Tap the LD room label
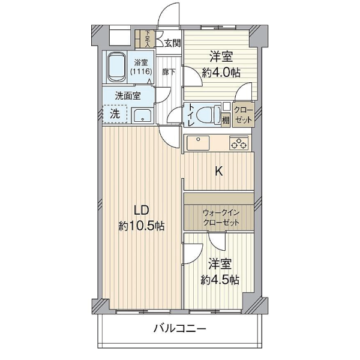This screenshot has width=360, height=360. pyautogui.click(x=141, y=211)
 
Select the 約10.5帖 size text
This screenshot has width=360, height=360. pyautogui.click(x=142, y=226)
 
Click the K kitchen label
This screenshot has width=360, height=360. pyautogui.click(x=220, y=171)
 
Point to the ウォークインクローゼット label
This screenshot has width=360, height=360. pyautogui.click(x=221, y=217)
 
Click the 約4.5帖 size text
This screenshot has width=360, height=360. pyautogui.click(x=220, y=280)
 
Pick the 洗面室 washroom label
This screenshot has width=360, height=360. pyautogui.click(x=128, y=95)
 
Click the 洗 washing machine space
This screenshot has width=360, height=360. pyautogui.click(x=114, y=113)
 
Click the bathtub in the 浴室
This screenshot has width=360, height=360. pyautogui.click(x=115, y=67)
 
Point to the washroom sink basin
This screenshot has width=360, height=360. pyautogui.click(x=142, y=115)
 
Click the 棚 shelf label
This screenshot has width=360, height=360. pyautogui.click(x=225, y=119)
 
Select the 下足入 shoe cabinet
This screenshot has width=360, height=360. pyautogui.click(x=147, y=39)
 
